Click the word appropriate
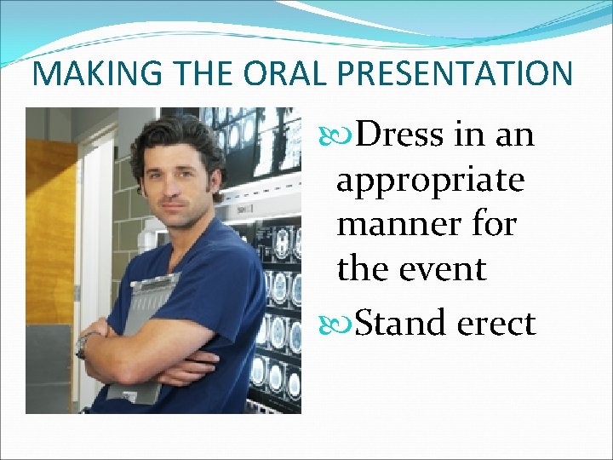pyautogui.click(x=430, y=181)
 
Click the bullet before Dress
pyautogui.click(x=344, y=135)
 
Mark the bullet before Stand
pyautogui.click(x=344, y=324)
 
